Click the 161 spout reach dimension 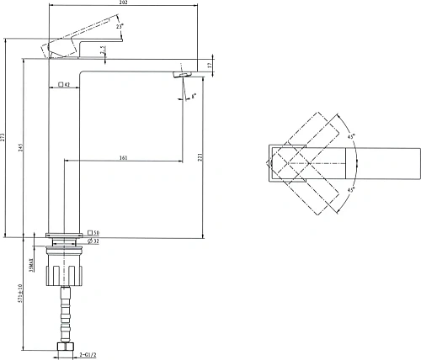click(x=124, y=157)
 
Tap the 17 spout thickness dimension click(x=209, y=65)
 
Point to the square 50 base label click(x=93, y=232)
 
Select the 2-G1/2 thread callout click(x=94, y=355)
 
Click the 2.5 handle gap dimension click(x=104, y=52)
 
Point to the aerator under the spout click(x=179, y=76)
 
